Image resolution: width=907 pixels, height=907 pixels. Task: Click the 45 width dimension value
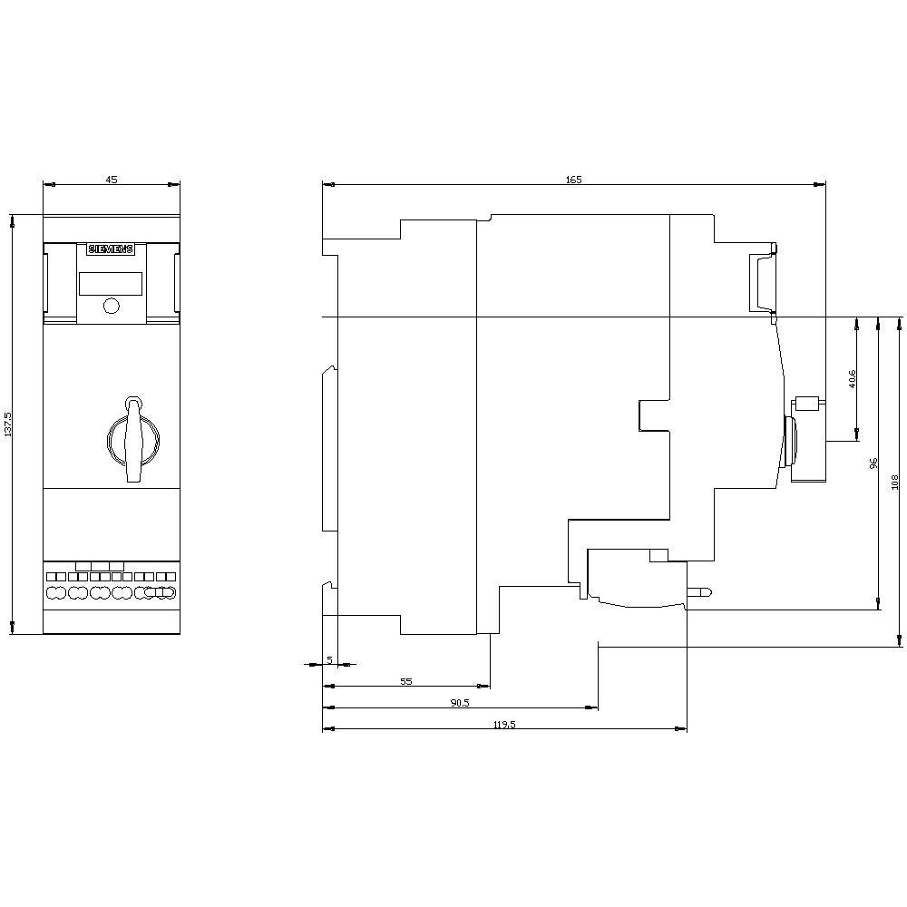pyautogui.click(x=112, y=180)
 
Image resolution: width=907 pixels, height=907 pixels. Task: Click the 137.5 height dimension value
pyautogui.click(x=8, y=424)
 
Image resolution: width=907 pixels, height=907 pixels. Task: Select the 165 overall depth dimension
pyautogui.click(x=573, y=180)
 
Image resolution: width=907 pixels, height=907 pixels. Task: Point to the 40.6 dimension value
pyautogui.click(x=852, y=378)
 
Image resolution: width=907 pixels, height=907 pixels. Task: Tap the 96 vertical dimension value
pyautogui.click(x=873, y=463)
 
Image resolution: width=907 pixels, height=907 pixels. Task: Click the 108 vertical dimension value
pyautogui.click(x=894, y=482)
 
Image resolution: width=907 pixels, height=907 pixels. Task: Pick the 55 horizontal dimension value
pyautogui.click(x=405, y=681)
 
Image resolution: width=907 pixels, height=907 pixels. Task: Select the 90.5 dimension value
pyautogui.click(x=460, y=703)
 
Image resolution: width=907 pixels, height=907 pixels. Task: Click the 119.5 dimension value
pyautogui.click(x=504, y=724)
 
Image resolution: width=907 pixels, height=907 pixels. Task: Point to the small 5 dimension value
pyautogui.click(x=329, y=659)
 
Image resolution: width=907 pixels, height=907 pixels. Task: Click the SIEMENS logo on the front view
pyautogui.click(x=110, y=249)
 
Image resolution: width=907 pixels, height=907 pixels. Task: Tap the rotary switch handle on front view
pyautogui.click(x=133, y=439)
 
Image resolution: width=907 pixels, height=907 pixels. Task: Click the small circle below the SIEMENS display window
pyautogui.click(x=111, y=306)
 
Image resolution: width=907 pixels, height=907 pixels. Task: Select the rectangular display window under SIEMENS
pyautogui.click(x=110, y=284)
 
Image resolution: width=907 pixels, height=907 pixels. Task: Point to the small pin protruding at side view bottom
pyautogui.click(x=699, y=592)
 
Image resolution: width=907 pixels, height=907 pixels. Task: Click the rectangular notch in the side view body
pyautogui.click(x=653, y=414)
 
